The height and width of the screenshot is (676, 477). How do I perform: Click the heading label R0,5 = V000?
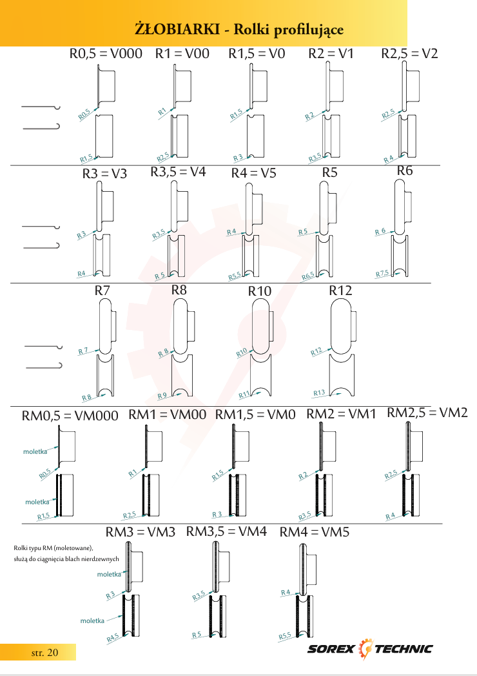[x=106, y=54]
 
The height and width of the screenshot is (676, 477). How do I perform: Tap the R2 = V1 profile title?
[x=331, y=54]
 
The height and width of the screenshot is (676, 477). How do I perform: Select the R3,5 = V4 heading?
[x=178, y=172]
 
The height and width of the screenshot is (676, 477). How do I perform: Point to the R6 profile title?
[x=405, y=170]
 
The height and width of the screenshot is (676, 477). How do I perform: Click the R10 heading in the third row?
[x=260, y=291]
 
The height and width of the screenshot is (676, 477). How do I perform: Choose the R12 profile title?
[x=340, y=291]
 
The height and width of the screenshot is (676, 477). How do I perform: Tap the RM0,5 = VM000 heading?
[x=70, y=416]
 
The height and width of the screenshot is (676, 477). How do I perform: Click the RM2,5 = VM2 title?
[x=427, y=413]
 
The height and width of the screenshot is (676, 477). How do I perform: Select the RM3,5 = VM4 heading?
[x=226, y=531]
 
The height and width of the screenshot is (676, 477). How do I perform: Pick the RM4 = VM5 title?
[x=315, y=532]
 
